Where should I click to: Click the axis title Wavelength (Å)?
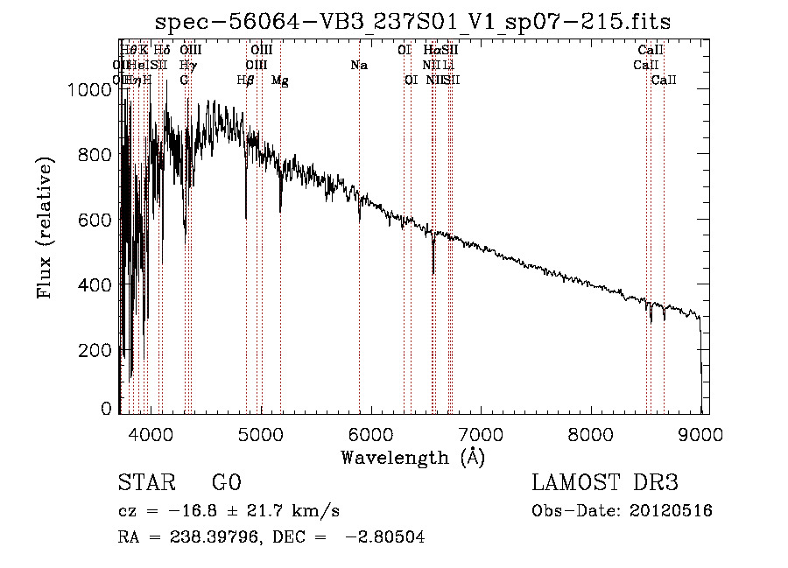pyautogui.click(x=412, y=457)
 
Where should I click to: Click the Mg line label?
pyautogui.click(x=279, y=81)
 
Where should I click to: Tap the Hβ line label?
pyautogui.click(x=245, y=81)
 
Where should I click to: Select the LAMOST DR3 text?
pyautogui.click(x=604, y=484)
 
